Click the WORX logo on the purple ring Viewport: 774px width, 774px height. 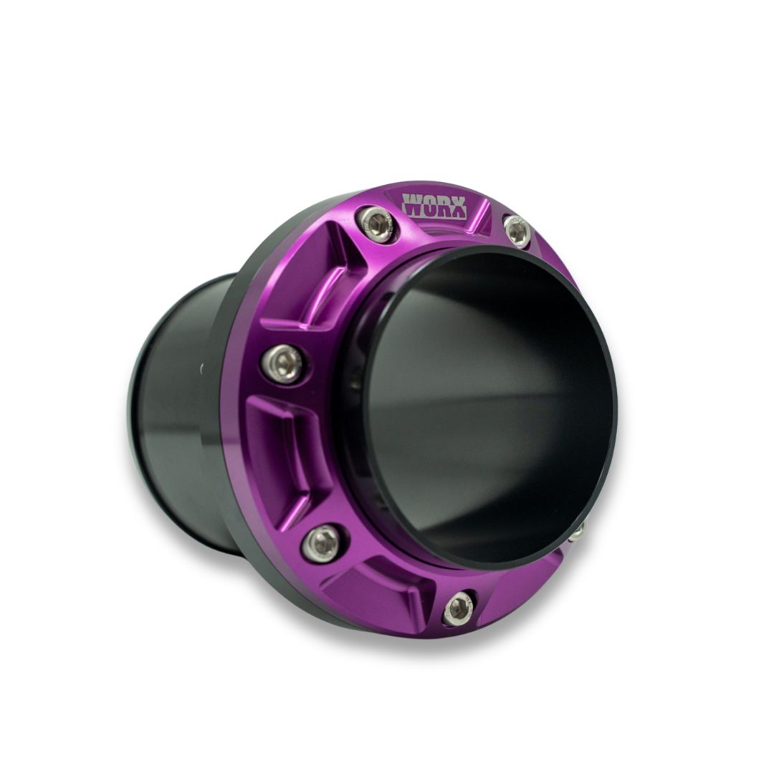[x=434, y=206]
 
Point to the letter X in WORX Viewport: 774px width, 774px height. [x=457, y=207]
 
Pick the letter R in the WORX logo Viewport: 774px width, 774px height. [x=442, y=206]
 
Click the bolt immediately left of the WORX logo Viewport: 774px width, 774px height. [x=377, y=223]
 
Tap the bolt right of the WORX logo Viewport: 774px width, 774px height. [x=516, y=229]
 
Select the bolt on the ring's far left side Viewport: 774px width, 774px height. [x=285, y=364]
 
